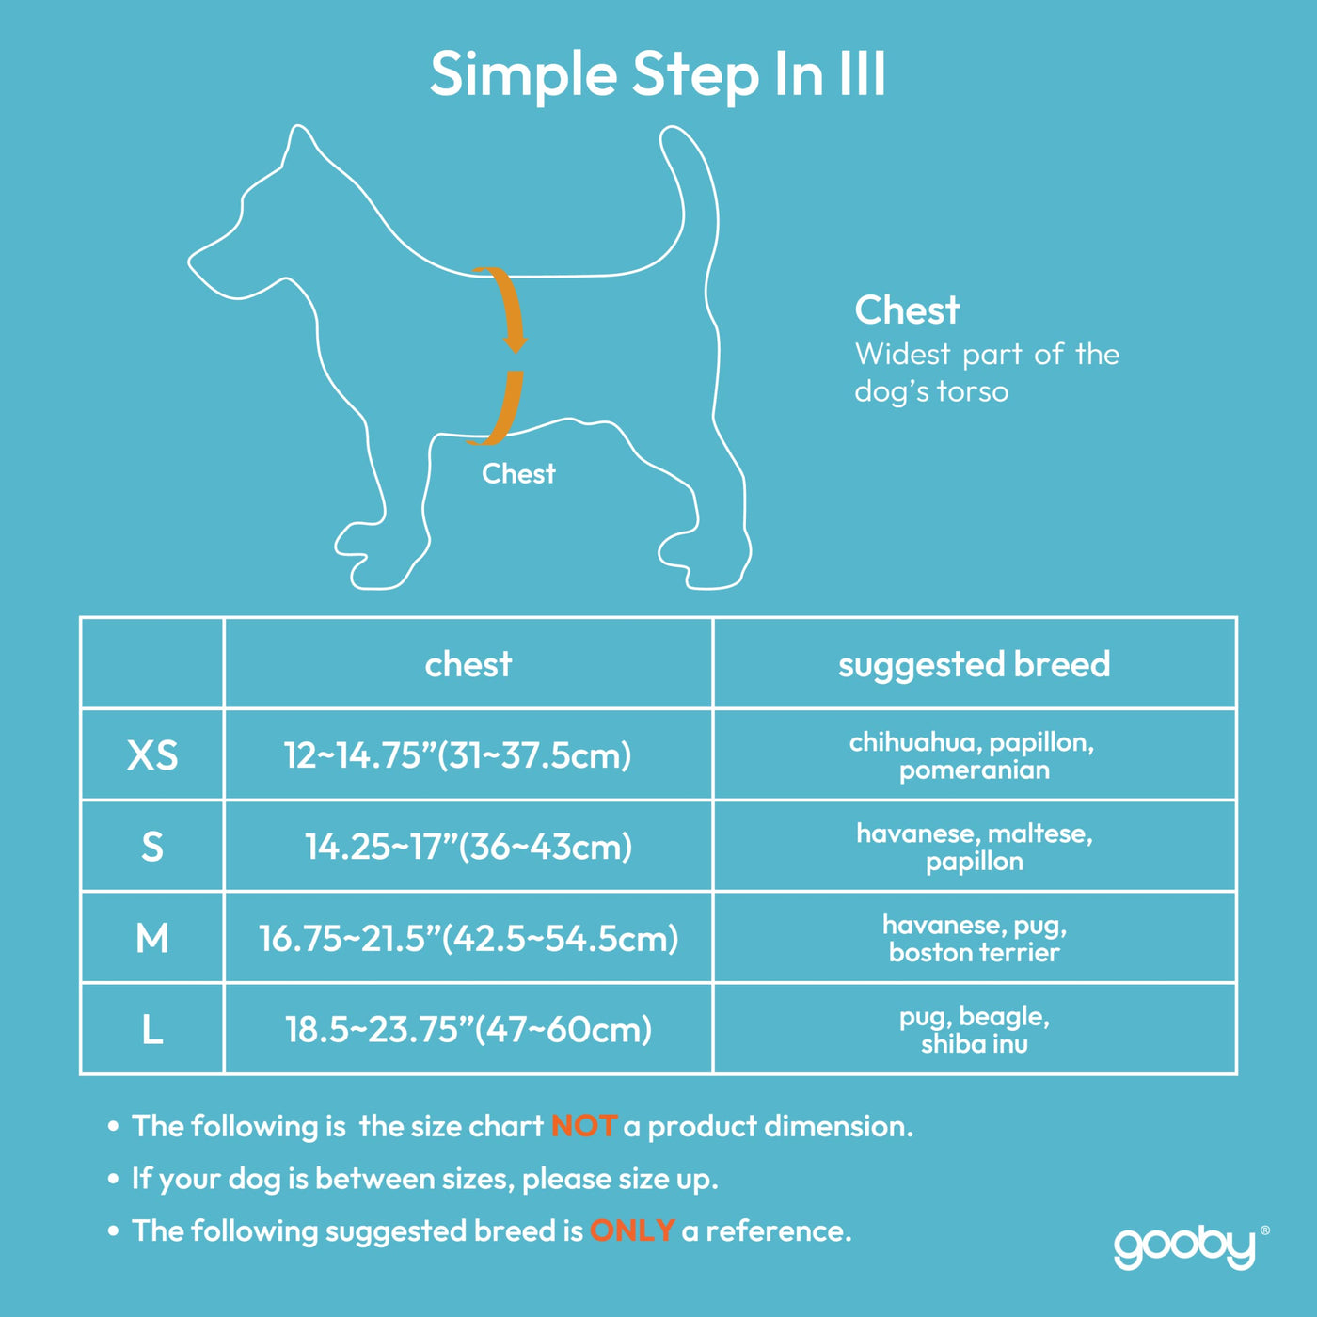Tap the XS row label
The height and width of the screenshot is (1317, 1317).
coord(152,755)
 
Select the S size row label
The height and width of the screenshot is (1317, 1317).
coord(152,847)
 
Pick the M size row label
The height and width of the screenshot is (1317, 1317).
coord(152,939)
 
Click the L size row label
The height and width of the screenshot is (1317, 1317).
coord(152,1029)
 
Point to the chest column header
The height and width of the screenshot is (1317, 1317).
coord(468,663)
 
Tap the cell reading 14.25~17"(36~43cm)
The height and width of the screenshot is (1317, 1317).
coord(468,847)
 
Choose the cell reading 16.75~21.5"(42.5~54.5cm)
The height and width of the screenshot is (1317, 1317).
coord(468,939)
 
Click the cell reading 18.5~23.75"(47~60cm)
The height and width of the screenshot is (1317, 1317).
coord(468,1029)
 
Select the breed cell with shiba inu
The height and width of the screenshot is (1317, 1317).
coord(974,1030)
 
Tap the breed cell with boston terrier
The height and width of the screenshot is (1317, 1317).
coord(974,939)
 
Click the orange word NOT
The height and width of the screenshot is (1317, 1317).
coord(584,1126)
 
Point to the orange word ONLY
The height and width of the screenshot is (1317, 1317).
coord(633,1230)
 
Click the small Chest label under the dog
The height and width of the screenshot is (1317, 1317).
coord(518,473)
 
